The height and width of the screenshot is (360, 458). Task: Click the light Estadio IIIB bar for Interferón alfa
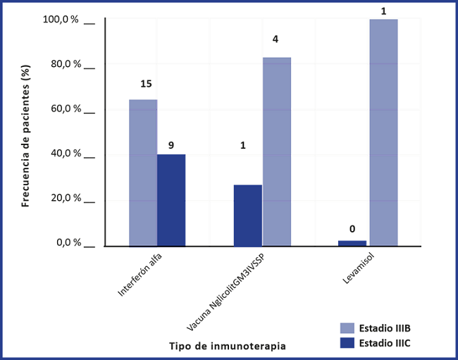click(143, 173)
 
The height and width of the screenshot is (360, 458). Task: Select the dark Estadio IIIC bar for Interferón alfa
click(171, 200)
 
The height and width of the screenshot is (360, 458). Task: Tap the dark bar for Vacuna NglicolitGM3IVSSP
click(247, 216)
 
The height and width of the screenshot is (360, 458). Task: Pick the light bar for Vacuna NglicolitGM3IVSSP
click(276, 151)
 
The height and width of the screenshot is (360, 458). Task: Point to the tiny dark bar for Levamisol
click(352, 243)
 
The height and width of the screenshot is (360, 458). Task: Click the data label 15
click(146, 84)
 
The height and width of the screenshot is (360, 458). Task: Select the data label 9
click(171, 145)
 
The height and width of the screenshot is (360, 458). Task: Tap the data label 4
click(276, 41)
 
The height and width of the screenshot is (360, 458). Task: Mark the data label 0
click(352, 228)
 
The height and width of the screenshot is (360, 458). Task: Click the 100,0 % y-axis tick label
click(62, 20)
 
